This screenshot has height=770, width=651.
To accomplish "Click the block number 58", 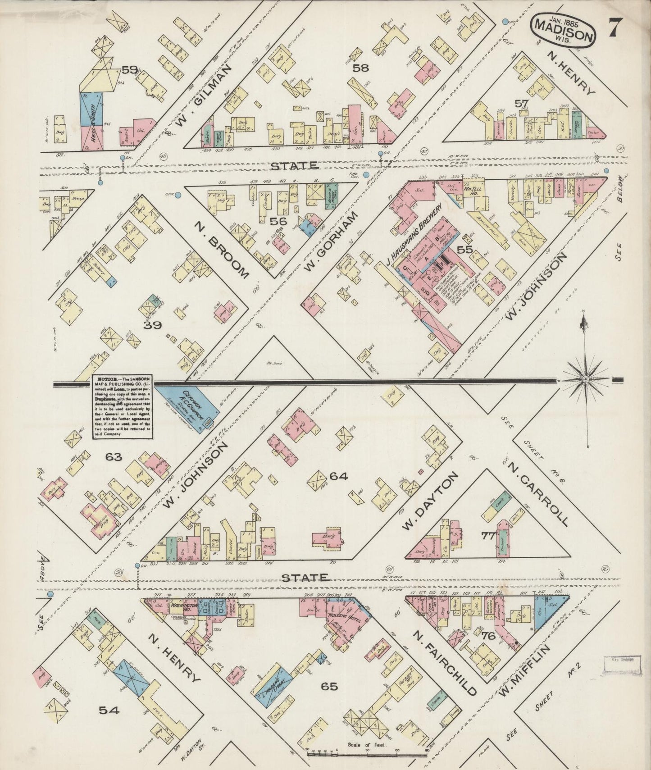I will tap(360, 68).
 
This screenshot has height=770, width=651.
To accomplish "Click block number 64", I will tap(338, 476).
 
